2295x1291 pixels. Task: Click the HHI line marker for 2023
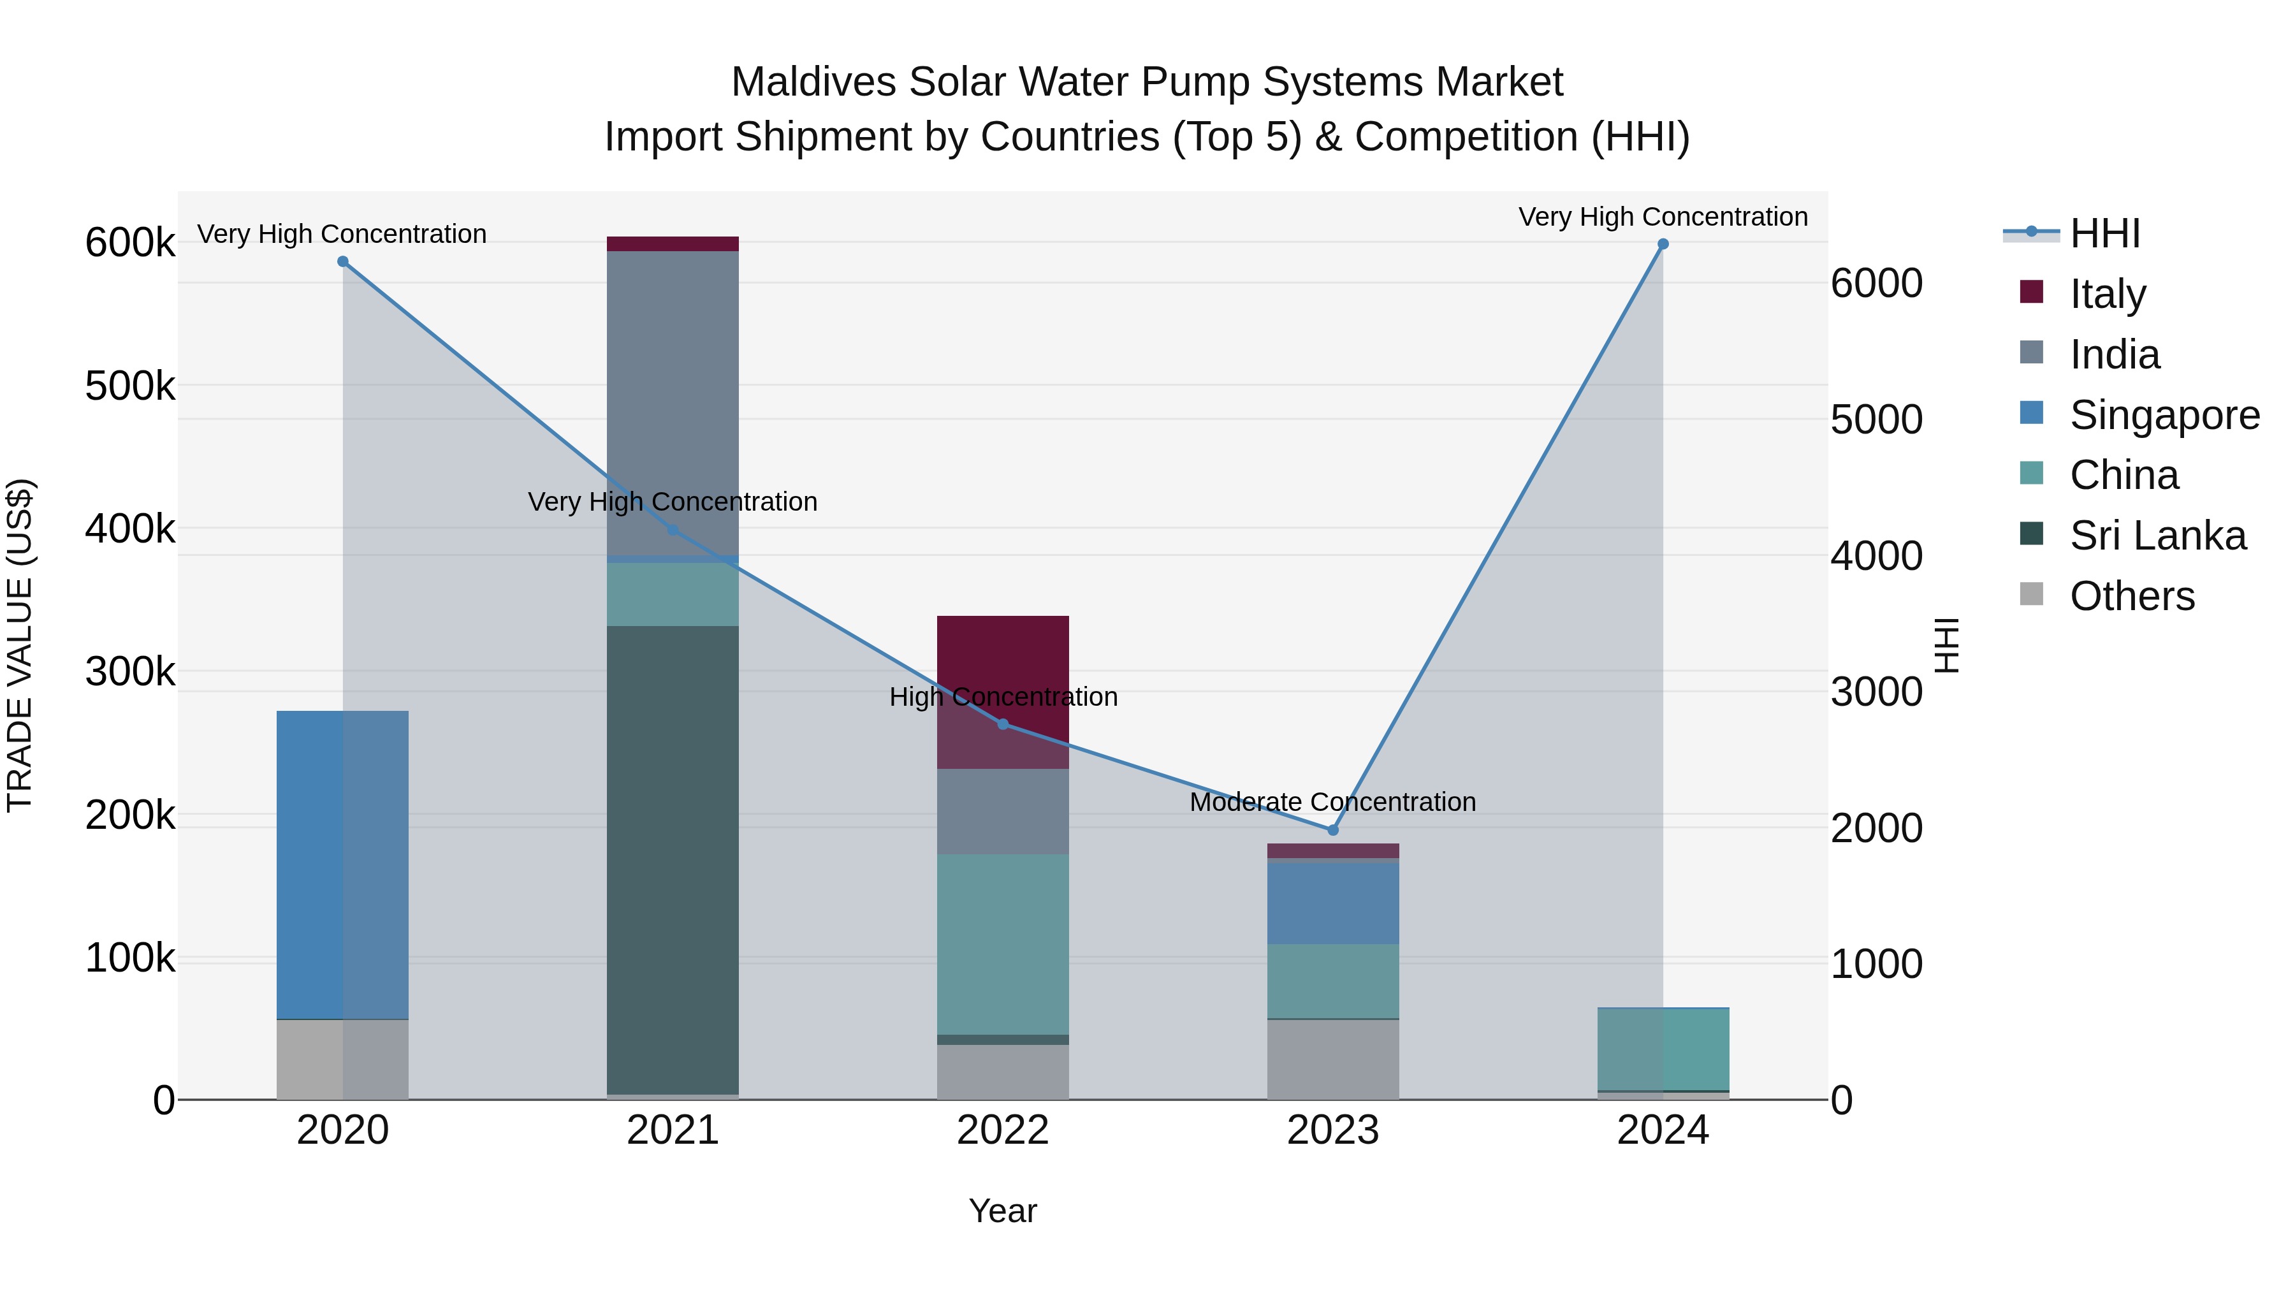(x=1333, y=829)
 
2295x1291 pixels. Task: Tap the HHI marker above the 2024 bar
(x=1663, y=244)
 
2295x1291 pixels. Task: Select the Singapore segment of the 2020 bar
(x=342, y=864)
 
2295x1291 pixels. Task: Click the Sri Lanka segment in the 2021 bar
(x=673, y=860)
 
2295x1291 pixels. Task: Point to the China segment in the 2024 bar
(x=1663, y=1049)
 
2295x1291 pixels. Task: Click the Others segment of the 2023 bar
(x=1333, y=1060)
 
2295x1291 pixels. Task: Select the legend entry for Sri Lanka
(x=2157, y=536)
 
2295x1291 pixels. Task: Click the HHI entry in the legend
(x=2104, y=233)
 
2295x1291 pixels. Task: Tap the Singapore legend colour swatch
(x=2031, y=413)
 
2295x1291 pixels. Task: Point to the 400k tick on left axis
(x=130, y=529)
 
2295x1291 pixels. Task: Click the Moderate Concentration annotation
(x=1333, y=802)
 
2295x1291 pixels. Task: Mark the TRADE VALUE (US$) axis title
(x=20, y=645)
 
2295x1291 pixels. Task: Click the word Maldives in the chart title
(x=813, y=82)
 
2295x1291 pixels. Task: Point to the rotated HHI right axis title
(x=1948, y=645)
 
